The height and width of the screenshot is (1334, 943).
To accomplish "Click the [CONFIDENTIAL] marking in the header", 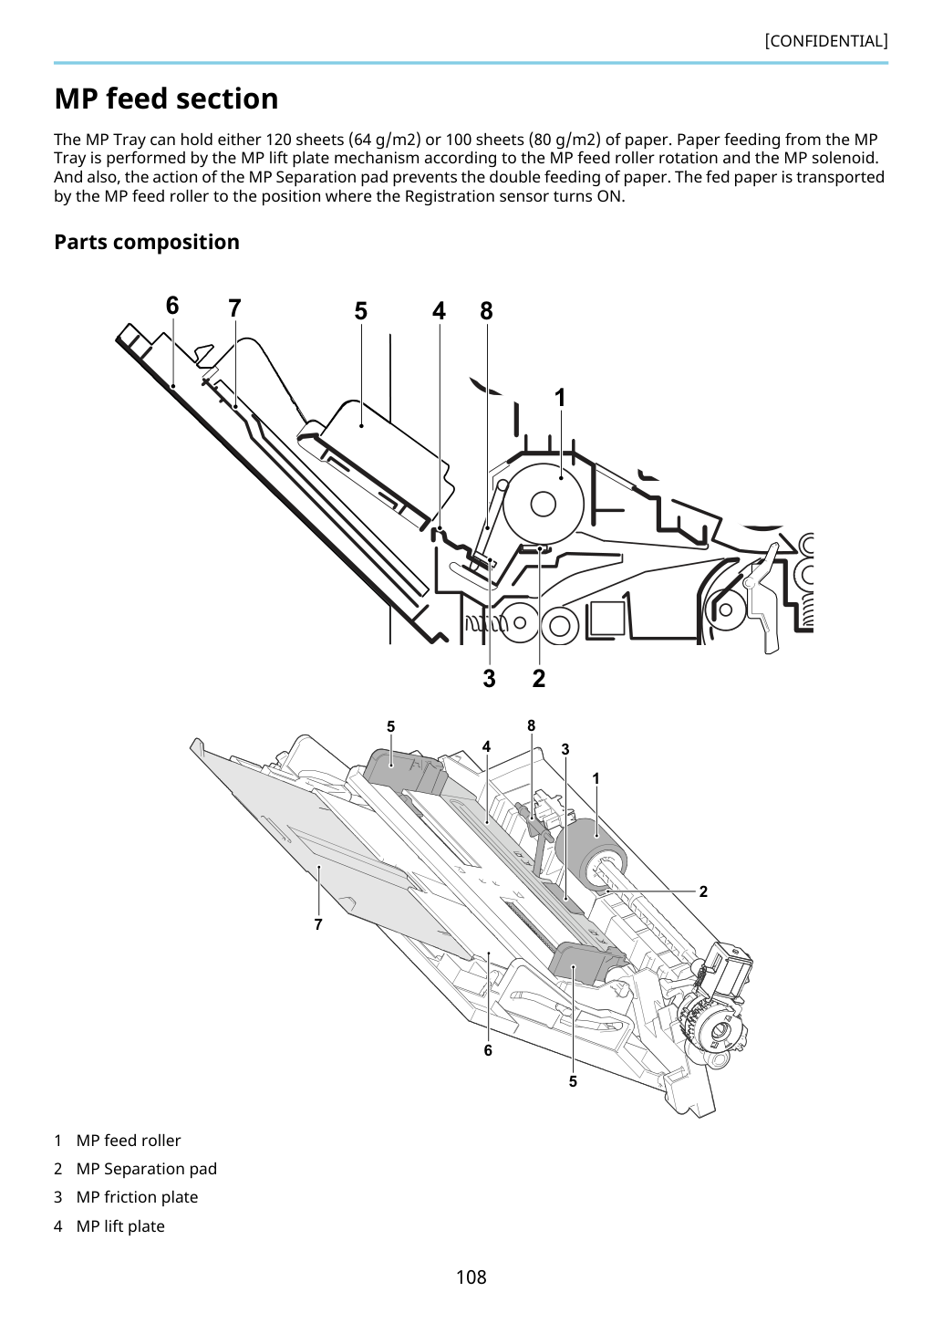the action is pos(825,41).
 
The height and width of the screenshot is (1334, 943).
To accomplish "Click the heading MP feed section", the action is pos(166,99).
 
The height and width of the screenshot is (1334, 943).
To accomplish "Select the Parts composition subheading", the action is pos(147,242).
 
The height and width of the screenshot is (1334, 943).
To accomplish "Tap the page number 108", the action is pos(471,1277).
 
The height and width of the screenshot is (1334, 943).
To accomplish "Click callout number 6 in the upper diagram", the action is pos(172,306).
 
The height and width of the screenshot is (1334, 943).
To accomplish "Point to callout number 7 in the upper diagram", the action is pos(234,308).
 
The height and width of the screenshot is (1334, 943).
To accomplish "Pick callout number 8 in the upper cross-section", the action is pos(486,311).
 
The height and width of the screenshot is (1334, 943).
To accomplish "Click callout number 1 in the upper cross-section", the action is pos(560,398).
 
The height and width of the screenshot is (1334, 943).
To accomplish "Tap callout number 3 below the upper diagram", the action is pos(489,678).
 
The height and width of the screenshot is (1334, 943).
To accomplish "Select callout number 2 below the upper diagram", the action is pos(539,678).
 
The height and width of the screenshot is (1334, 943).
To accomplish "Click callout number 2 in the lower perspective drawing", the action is pos(703,891).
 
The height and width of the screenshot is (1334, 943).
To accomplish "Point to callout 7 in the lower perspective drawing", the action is pos(318,924).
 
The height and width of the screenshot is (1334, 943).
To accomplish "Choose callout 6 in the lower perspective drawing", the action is pos(488,1050).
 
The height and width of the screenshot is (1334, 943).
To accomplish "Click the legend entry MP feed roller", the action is pos(129,1141).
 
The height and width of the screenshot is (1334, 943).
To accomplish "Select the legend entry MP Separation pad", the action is pos(147,1169).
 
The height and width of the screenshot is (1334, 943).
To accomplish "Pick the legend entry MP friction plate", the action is pos(137,1198).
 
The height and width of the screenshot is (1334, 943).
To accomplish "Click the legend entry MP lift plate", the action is pos(120,1226).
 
